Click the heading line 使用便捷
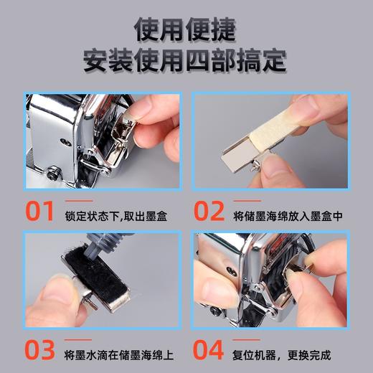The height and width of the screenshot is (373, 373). (x=186, y=29)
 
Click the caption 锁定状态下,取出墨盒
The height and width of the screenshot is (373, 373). (x=115, y=215)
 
